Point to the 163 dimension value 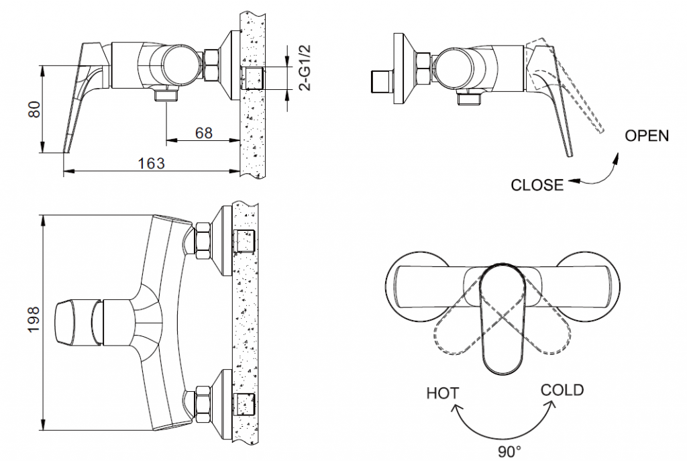[152, 164]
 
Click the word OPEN [647, 136]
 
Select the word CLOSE [537, 185]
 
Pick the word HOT [443, 393]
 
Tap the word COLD [562, 390]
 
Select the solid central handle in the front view [503, 319]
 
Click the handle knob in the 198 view [71, 322]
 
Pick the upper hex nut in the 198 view [202, 241]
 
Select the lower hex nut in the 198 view [202, 401]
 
